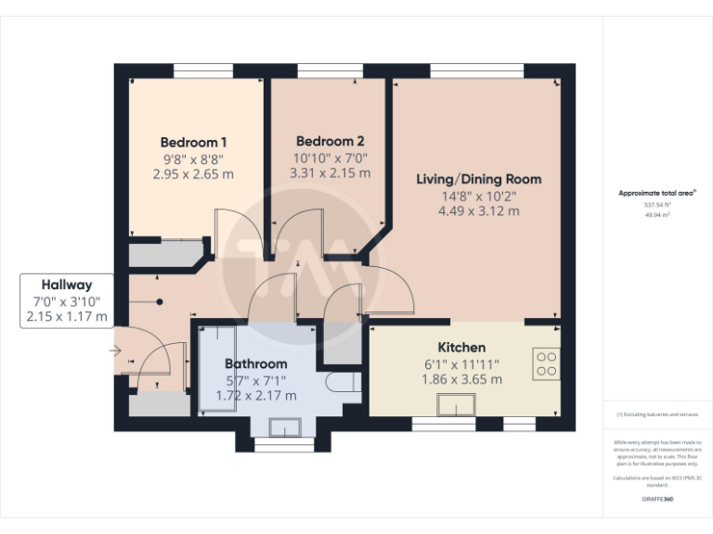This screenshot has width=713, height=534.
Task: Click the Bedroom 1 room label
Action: (193, 142)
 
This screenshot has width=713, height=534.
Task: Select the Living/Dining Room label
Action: (478, 179)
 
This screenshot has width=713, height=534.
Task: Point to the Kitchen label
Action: (461, 348)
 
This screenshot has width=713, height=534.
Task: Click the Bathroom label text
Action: (256, 364)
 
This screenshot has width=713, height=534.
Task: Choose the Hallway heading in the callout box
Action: (66, 285)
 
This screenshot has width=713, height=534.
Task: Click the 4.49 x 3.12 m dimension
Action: (478, 210)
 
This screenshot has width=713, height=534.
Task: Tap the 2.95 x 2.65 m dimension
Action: (193, 173)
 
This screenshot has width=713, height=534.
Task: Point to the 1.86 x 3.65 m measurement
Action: (461, 379)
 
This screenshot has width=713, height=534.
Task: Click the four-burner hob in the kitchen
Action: (546, 362)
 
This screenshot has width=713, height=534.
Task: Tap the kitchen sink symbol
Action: (457, 405)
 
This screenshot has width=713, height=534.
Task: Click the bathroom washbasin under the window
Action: (284, 426)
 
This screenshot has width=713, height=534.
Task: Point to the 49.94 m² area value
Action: (657, 213)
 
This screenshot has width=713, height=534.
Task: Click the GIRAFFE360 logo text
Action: (657, 499)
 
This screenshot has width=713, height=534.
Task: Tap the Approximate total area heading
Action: (657, 193)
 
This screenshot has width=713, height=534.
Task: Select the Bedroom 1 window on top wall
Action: (202, 70)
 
